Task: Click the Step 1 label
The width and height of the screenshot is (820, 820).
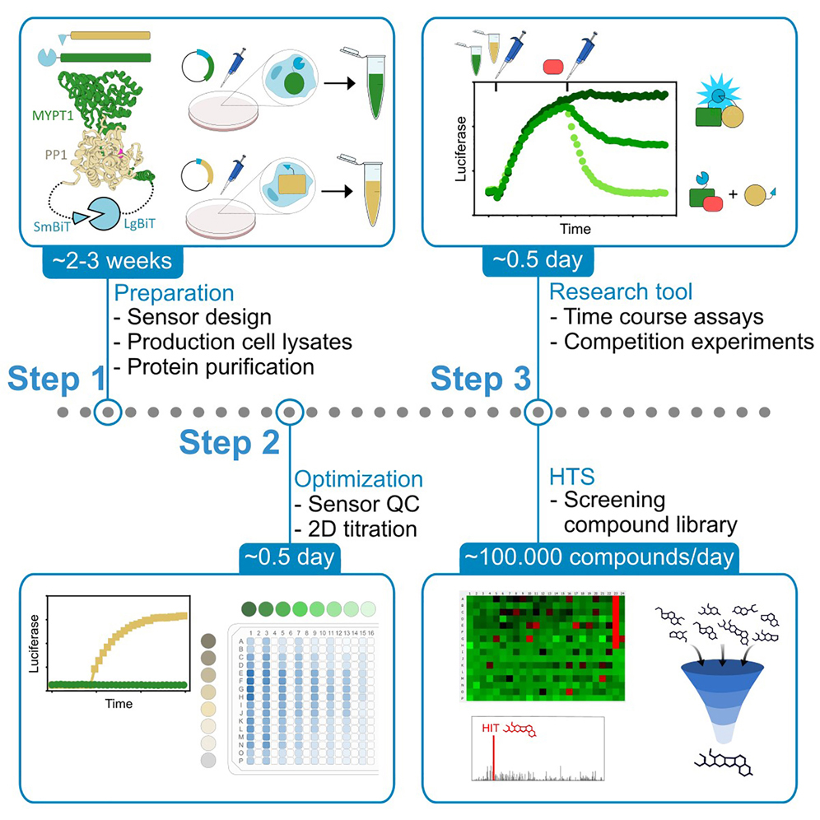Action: tap(56, 380)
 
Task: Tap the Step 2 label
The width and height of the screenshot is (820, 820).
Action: tap(229, 443)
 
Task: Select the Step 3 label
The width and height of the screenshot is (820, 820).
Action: tap(480, 380)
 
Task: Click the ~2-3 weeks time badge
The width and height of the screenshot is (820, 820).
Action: tap(112, 261)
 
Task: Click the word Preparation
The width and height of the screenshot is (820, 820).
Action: tap(174, 292)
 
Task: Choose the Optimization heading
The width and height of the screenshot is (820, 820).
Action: tap(359, 479)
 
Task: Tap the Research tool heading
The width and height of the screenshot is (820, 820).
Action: tap(621, 291)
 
